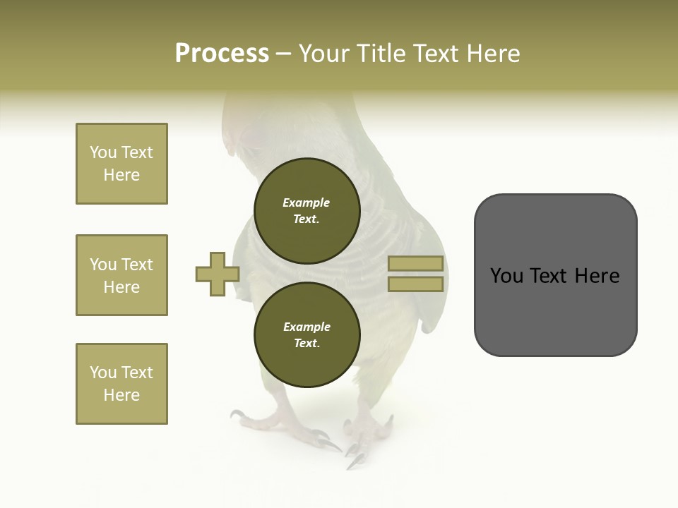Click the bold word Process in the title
pos(222,54)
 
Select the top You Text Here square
pos(121,164)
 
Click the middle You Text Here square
pos(121,275)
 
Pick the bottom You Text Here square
pos(121,383)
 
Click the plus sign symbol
pos(217,274)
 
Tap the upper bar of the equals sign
pos(415,263)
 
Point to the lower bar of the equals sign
pos(415,284)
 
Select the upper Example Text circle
pos(307,210)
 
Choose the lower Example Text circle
pos(307,334)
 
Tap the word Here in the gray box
pos(597,276)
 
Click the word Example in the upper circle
pos(307,202)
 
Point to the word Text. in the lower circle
pos(307,343)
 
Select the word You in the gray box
pos(508,276)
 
